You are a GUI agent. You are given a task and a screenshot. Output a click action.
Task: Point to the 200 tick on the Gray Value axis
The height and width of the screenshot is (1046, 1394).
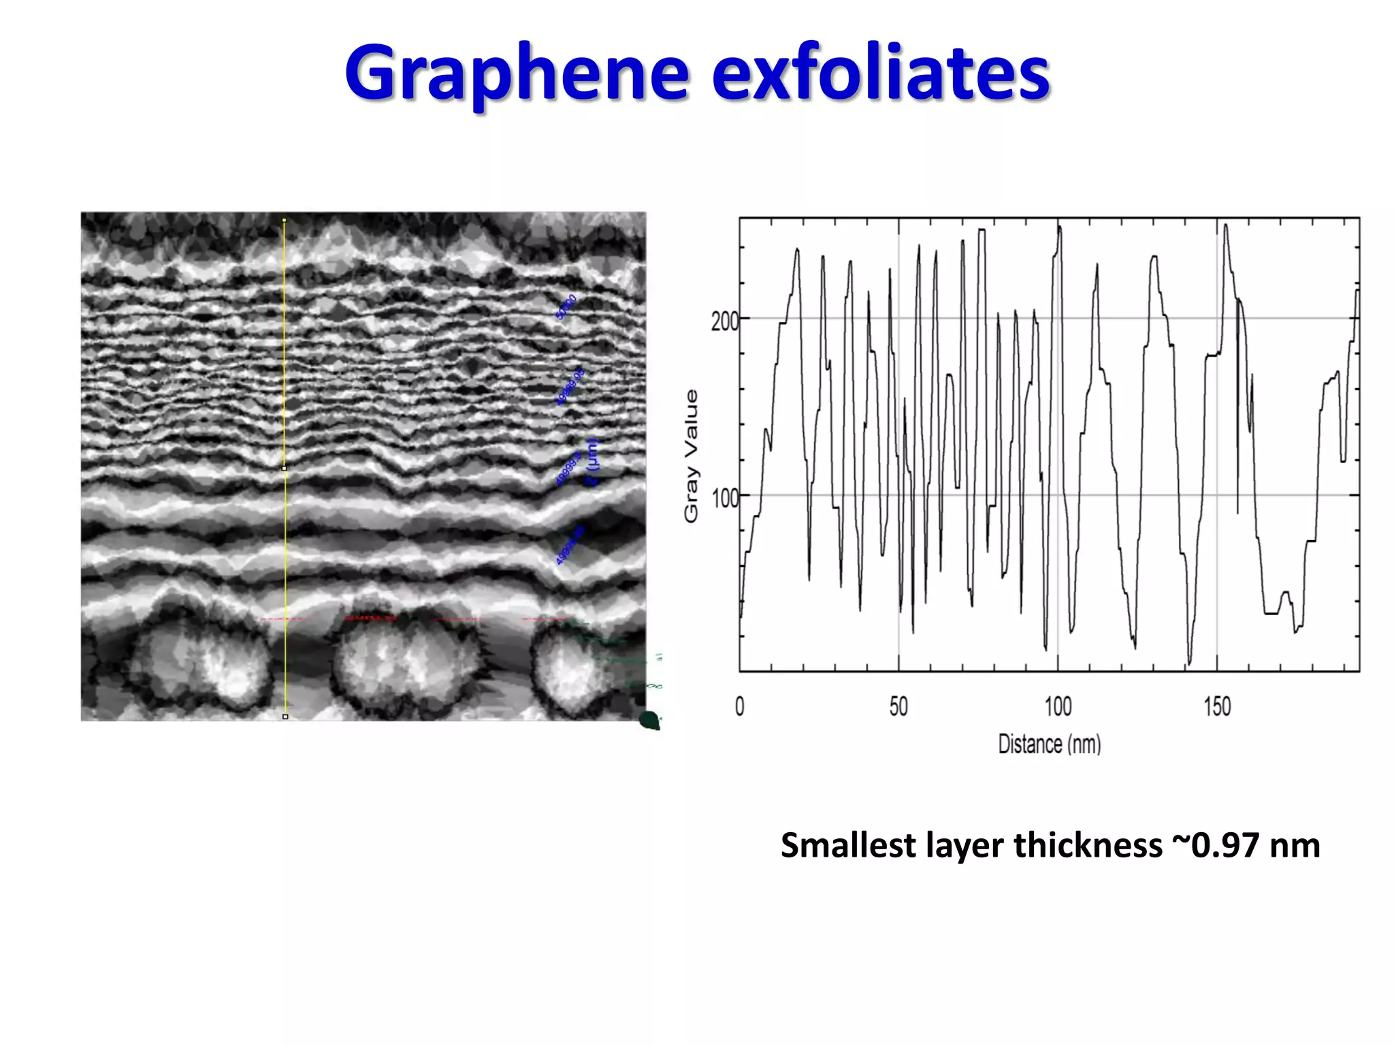pos(724,321)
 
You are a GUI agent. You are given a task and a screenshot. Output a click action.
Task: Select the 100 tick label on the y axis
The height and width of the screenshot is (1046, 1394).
pos(724,498)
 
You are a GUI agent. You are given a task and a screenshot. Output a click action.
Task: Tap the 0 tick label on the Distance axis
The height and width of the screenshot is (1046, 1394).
pos(740,707)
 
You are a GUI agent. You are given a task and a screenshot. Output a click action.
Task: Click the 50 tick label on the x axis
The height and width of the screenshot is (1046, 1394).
pos(898,707)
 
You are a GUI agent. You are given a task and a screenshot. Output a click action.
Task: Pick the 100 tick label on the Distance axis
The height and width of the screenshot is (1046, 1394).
pos(1058,707)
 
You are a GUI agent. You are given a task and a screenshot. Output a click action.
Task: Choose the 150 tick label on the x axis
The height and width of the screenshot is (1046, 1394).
pos(1217,707)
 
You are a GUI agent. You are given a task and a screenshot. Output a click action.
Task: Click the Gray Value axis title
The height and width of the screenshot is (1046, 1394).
pos(691,456)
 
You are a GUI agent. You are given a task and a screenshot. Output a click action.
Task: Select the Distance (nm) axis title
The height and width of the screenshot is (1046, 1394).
pos(1049,744)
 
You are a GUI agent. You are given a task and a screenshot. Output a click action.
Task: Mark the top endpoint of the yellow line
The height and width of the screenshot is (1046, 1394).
pos(284,220)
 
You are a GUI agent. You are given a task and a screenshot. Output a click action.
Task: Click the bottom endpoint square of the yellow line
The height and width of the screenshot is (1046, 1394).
pos(285,716)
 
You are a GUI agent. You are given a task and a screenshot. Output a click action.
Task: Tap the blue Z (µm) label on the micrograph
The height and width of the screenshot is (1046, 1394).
pos(592,463)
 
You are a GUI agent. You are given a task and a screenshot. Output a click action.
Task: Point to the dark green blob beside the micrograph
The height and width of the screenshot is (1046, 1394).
pos(650,720)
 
